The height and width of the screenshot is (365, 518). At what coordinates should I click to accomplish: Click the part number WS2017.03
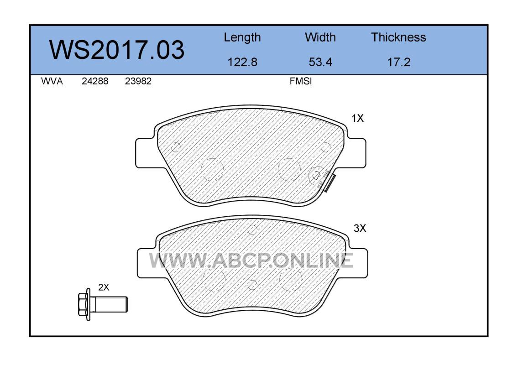(117, 50)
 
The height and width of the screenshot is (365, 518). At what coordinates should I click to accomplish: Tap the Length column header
(242, 38)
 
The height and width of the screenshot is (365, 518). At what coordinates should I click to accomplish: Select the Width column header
(320, 37)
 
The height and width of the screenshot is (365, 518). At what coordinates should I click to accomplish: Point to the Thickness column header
(398, 37)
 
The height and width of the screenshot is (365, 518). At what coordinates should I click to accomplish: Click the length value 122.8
(242, 62)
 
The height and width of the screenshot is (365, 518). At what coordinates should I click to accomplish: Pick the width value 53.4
(320, 62)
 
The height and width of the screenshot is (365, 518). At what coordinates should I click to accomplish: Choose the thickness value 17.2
(399, 62)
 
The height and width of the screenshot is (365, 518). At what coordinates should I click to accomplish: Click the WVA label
(52, 81)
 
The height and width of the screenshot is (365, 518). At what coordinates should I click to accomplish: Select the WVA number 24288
(95, 81)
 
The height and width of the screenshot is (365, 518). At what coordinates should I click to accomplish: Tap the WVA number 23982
(138, 81)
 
